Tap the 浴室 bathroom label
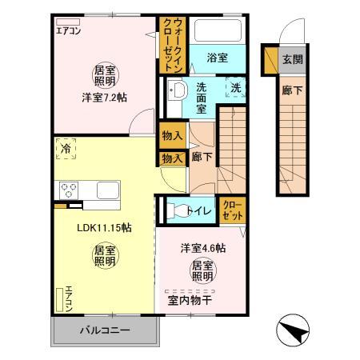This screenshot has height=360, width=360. pos(218,57)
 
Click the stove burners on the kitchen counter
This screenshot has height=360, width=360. pos(67,191)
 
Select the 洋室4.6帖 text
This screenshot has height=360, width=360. pos(202,249)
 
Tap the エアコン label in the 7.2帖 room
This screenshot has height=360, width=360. pos(68,31)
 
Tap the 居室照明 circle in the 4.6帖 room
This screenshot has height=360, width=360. pos(202,271)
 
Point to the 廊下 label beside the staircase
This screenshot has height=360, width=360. pos(201,157)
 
